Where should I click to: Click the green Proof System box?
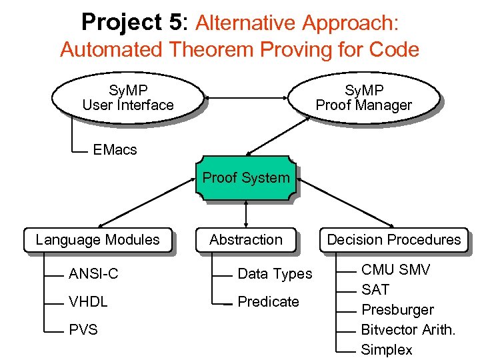pos(245,178)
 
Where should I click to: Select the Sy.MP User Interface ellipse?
pos(127,98)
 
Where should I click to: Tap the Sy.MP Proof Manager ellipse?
pos(363,98)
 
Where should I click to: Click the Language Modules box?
pos(97,240)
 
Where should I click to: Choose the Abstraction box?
pos(245,240)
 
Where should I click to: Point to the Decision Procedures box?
pos(393,240)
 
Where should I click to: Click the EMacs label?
pos(115,150)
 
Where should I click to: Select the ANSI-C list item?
pos(93,274)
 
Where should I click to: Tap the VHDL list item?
pos(88,302)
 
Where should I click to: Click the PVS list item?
pos(83,329)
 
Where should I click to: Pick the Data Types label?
pos(275,274)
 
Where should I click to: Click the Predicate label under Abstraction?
pos(268,302)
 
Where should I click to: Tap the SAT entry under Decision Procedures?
pos(375,290)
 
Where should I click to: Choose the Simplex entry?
pos(386,350)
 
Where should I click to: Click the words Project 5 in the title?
pos(131,22)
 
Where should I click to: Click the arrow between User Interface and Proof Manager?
pos(245,99)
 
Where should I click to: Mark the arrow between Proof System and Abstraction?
pos(246,213)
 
